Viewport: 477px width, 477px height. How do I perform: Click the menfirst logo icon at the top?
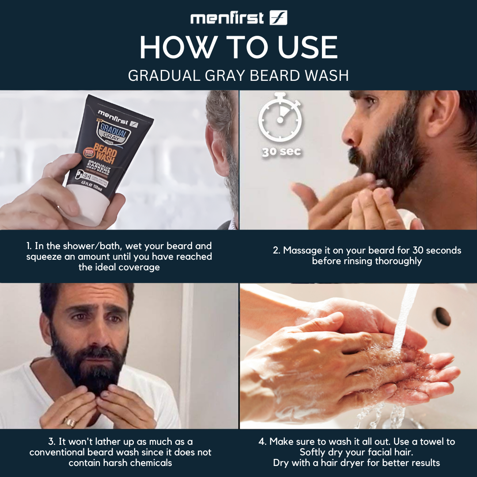tap(278, 18)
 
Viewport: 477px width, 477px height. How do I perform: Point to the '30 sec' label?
tap(281, 151)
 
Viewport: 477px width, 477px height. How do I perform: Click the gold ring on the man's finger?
tap(70, 422)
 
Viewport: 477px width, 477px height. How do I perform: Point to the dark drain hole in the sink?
tap(442, 317)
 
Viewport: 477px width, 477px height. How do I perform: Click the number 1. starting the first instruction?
tap(30, 246)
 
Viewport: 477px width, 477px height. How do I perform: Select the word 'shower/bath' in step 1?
tap(95, 246)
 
